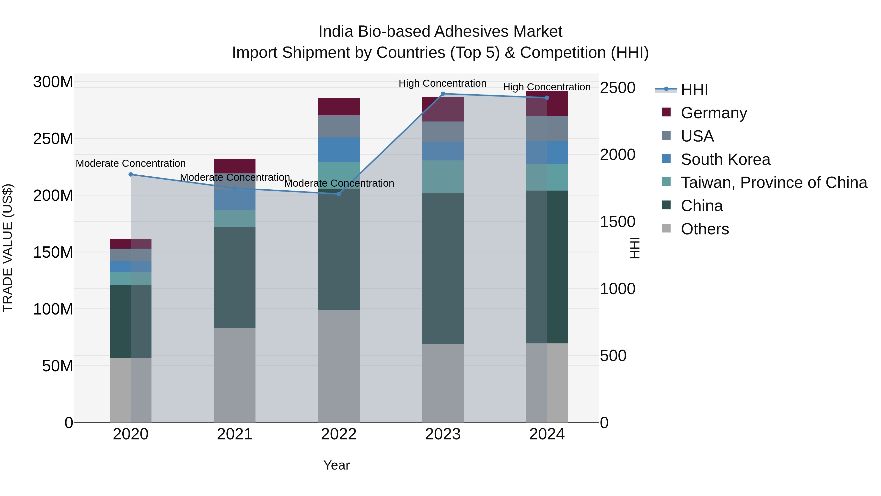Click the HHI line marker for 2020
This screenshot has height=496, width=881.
131,175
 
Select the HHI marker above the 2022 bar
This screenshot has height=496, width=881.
339,194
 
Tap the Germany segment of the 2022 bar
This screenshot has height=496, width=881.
339,107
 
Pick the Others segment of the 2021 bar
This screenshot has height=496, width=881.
235,375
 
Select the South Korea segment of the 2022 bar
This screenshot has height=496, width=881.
339,150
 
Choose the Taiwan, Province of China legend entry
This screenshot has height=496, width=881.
774,182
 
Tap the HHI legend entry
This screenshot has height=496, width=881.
694,90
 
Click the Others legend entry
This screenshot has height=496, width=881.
705,229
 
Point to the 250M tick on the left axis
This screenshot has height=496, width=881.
53,139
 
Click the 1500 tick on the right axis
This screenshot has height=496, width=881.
617,222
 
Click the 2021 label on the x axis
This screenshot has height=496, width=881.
235,434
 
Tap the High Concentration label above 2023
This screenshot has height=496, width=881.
442,83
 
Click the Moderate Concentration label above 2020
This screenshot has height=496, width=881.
131,163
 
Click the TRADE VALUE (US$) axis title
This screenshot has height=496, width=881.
8,248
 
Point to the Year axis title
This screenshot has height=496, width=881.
336,465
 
